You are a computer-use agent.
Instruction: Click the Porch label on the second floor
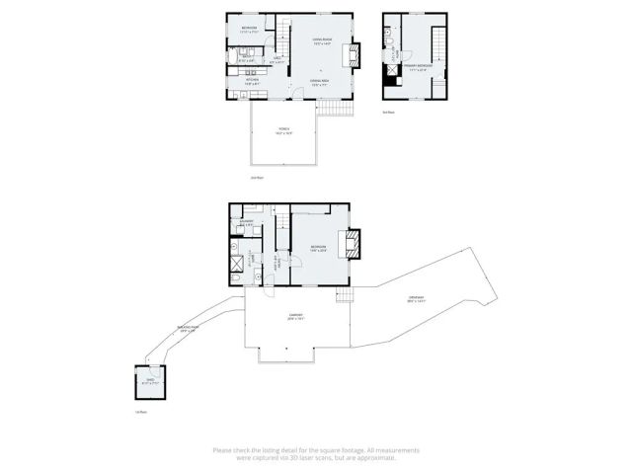283,130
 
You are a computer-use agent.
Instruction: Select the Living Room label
322,42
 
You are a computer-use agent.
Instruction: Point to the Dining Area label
319,81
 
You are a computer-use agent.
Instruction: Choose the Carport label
295,318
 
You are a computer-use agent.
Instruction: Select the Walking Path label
188,328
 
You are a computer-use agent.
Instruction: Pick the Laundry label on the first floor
247,221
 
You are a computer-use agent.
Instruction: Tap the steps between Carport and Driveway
345,295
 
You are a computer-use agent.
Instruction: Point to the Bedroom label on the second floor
249,27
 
